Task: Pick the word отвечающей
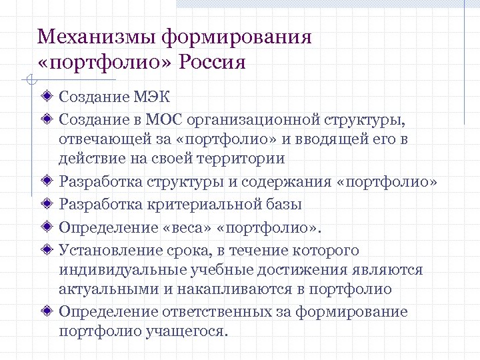(99, 139)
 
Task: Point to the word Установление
(107, 251)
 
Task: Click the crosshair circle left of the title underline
(28, 81)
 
